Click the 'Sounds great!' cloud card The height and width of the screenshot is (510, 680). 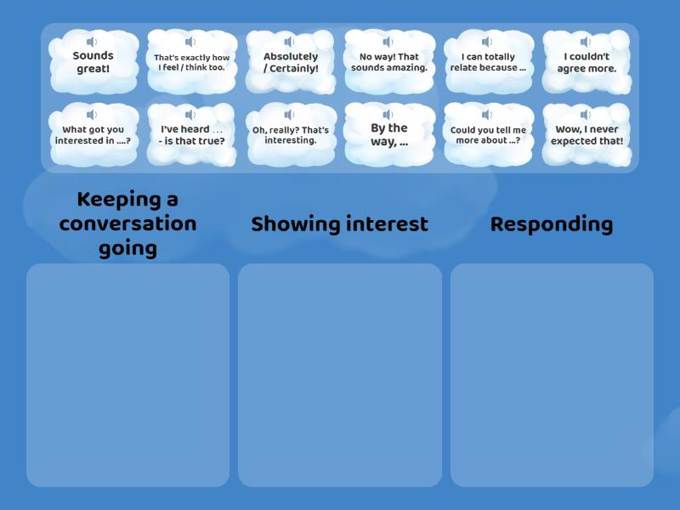pos(93,63)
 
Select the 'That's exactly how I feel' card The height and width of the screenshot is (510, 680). pos(191,63)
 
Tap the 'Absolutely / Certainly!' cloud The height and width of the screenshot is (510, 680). pos(291,63)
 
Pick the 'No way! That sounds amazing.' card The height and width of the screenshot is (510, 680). pos(389,63)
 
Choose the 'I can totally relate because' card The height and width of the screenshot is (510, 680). pos(488,63)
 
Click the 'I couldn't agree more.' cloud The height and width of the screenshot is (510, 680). pos(586,63)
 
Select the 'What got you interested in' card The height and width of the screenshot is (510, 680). pos(93,136)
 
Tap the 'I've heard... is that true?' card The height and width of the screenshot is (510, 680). pos(191,136)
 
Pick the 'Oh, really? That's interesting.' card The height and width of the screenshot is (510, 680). pos(291,136)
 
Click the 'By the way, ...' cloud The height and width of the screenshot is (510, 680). pos(389,136)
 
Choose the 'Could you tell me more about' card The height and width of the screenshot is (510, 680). pos(488,136)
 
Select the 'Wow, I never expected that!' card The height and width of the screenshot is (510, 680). pos(586,136)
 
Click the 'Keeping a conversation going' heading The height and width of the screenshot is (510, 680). pos(127,224)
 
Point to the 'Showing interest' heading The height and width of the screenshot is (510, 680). pos(339,224)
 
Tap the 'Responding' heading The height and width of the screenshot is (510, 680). pos(552,224)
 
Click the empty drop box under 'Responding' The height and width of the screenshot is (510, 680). pos(552,374)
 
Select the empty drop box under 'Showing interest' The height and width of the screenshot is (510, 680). pos(339,374)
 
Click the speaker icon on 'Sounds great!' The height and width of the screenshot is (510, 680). pos(92,42)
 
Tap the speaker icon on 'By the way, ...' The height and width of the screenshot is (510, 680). pos(388,115)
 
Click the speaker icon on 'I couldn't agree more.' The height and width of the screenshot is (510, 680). pos(586,42)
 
